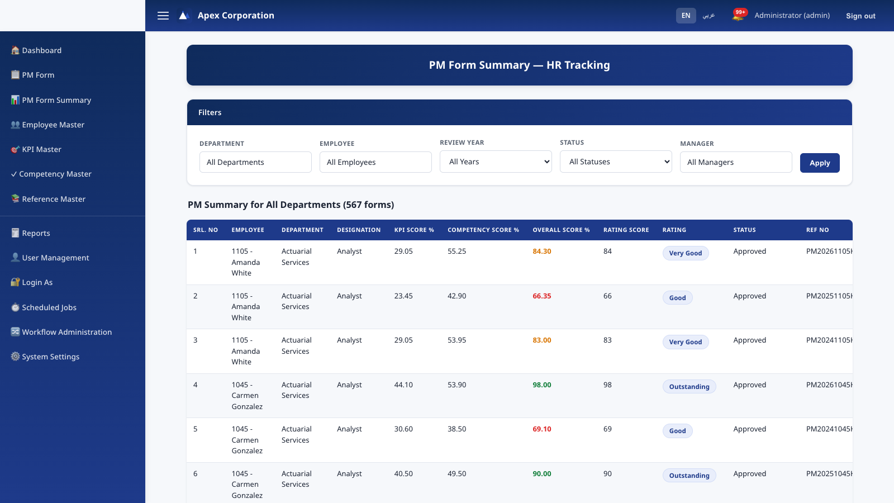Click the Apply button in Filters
(x=820, y=163)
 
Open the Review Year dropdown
(x=496, y=162)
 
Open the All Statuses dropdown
(x=616, y=162)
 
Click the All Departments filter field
(x=255, y=162)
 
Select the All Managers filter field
(x=736, y=162)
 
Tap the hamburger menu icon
(x=163, y=16)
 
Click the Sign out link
(x=860, y=16)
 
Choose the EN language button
(x=686, y=16)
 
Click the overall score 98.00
(x=541, y=385)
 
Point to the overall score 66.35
(x=541, y=296)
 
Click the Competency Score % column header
(x=483, y=230)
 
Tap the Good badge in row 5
(x=677, y=431)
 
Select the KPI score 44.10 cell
(x=403, y=385)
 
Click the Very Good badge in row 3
(x=685, y=342)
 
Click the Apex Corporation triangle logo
(x=184, y=16)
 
